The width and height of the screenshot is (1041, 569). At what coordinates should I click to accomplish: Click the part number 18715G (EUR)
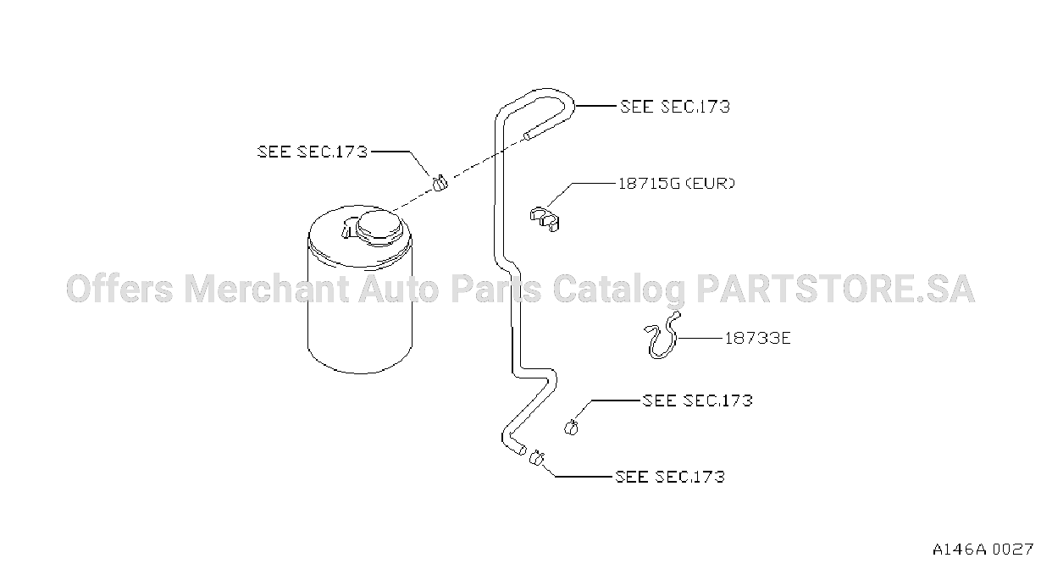677,184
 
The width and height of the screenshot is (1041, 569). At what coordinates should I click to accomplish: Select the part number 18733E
757,338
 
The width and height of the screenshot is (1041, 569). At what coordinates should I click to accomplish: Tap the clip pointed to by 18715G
545,219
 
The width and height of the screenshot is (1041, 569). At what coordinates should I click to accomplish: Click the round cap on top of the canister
379,228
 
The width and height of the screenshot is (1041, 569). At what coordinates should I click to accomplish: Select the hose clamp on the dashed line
440,183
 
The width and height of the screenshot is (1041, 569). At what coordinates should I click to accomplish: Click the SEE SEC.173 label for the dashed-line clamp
313,152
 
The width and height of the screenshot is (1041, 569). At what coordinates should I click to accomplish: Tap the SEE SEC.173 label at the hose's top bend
675,107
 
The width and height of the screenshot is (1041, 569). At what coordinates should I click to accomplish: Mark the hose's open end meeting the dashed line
527,136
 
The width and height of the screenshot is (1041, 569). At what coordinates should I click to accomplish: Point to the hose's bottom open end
523,450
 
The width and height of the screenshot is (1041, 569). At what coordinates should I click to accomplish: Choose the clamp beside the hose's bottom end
536,458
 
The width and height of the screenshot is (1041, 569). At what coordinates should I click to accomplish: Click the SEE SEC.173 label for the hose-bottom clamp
670,477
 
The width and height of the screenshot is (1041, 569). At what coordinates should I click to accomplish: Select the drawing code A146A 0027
983,550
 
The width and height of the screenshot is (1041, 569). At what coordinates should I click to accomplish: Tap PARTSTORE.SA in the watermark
835,289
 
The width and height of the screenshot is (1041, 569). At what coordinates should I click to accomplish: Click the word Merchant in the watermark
266,289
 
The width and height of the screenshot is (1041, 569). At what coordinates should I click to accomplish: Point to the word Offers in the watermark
119,289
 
